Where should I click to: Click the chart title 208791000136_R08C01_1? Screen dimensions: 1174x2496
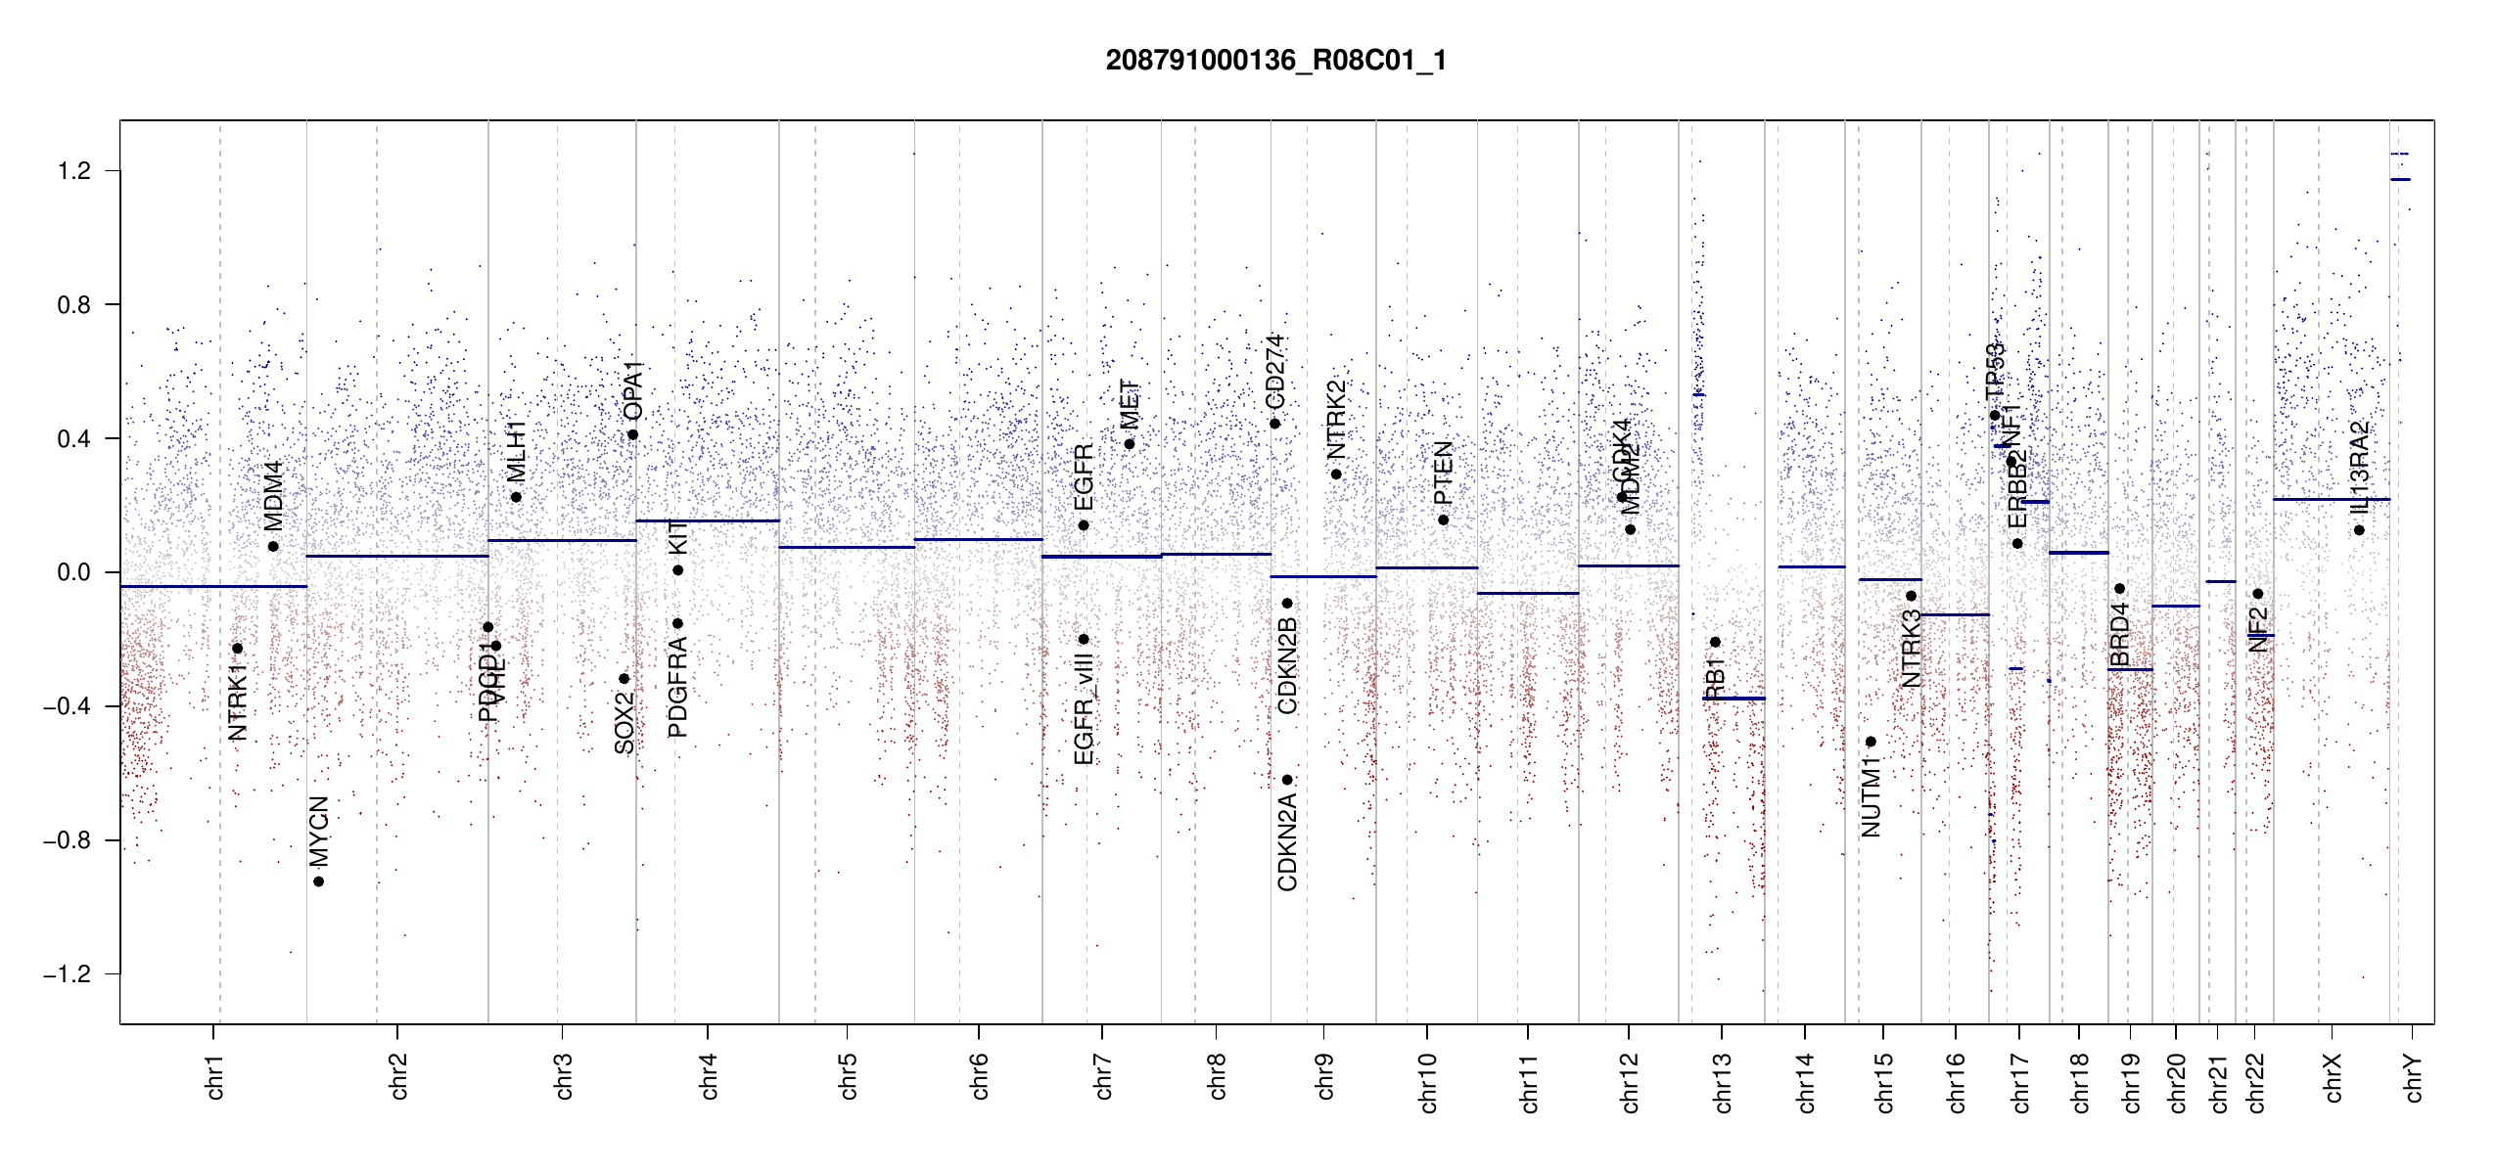coord(1275,61)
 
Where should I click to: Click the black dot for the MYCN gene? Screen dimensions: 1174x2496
coord(318,881)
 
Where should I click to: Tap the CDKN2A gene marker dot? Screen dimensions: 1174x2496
coord(1287,780)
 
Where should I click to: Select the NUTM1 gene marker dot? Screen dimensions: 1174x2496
coord(1871,742)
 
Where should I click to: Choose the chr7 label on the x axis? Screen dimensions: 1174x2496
coord(1103,1076)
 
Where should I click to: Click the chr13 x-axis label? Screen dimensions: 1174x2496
coord(1722,1082)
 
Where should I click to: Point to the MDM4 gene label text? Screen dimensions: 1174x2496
coord(273,496)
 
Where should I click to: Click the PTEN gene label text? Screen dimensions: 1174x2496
coord(1443,474)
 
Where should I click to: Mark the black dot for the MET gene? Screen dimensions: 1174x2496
coord(1130,444)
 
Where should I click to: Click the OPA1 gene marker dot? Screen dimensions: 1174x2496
coord(633,434)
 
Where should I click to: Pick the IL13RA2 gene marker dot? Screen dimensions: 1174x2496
coord(2359,530)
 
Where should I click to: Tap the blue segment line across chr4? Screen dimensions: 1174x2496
coord(707,520)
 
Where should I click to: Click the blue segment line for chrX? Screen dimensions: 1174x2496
coord(2331,499)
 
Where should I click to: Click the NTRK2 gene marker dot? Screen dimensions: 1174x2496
coord(1336,474)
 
